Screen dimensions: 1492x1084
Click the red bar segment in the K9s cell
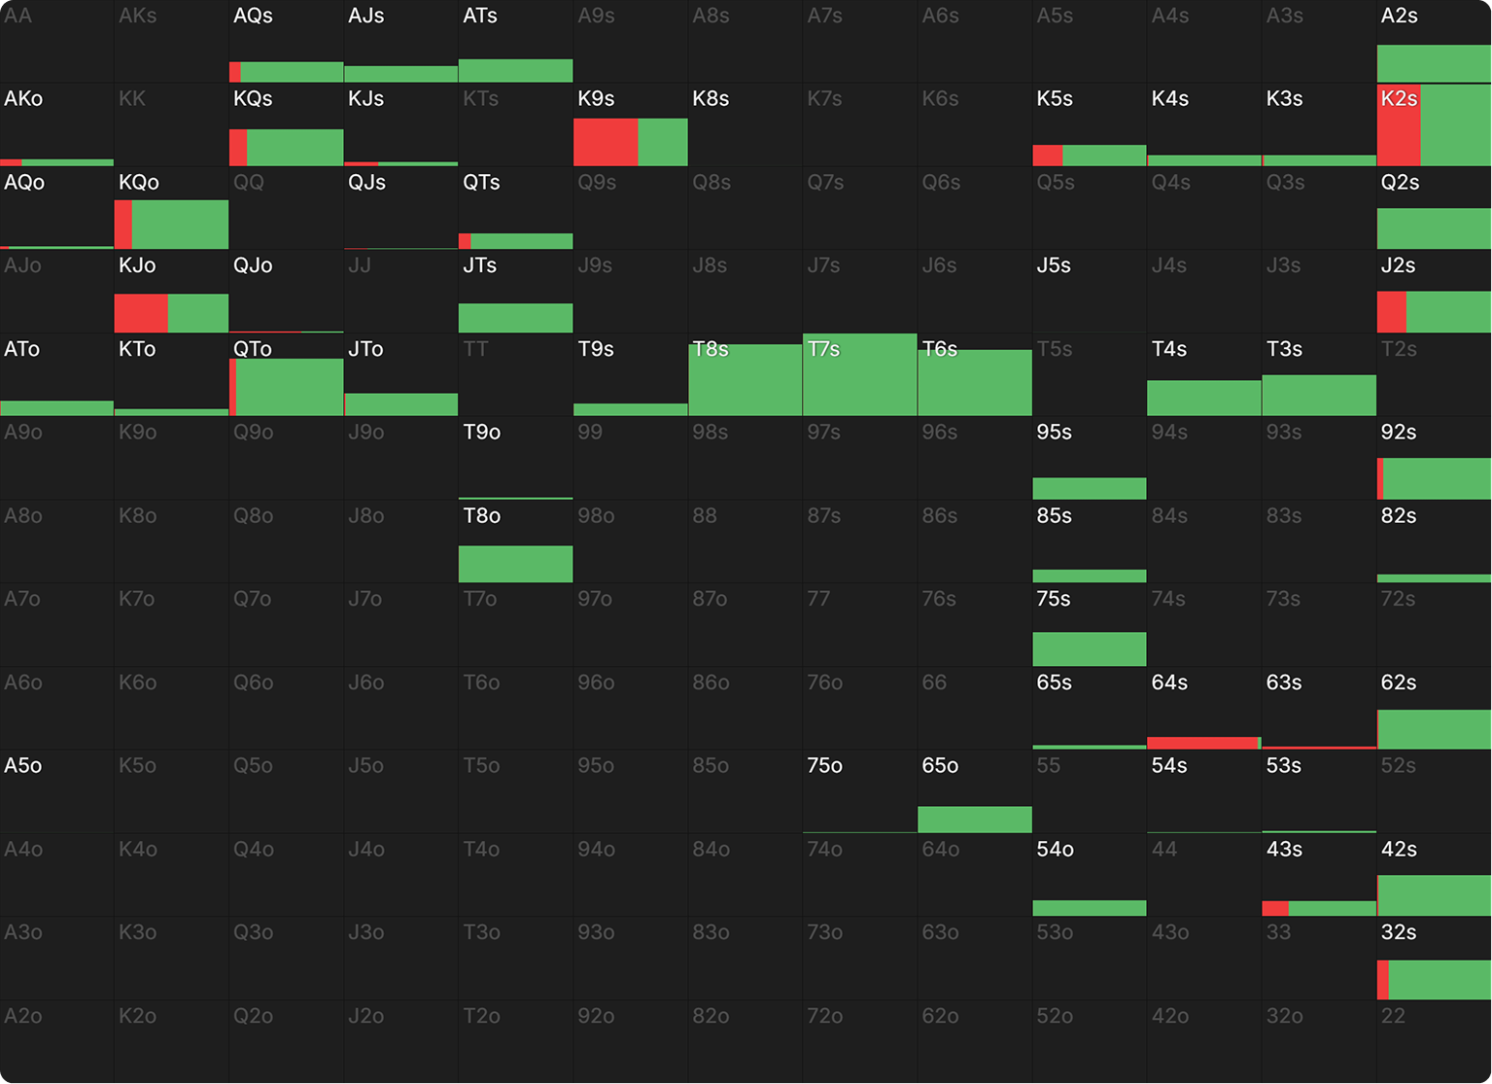tap(606, 142)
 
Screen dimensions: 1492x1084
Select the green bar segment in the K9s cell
tap(663, 142)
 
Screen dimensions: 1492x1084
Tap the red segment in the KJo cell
tap(141, 313)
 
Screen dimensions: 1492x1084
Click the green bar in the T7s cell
tap(860, 374)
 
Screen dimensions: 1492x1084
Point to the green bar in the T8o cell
tap(515, 564)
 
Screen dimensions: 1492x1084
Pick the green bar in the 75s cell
tap(1090, 648)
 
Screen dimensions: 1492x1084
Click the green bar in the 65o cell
tap(975, 820)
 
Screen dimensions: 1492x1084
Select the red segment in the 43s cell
tap(1275, 908)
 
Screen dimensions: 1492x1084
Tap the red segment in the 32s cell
tap(1383, 980)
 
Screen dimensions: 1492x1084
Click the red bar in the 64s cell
tap(1202, 744)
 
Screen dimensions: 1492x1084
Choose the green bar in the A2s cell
tap(1434, 64)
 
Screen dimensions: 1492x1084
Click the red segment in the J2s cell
tap(1392, 312)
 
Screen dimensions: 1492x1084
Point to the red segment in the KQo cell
tap(123, 225)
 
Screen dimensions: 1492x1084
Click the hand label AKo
tap(23, 98)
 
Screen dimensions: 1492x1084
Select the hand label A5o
tap(22, 765)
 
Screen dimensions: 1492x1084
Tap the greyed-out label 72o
tap(824, 1016)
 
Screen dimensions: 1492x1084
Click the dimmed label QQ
tap(249, 182)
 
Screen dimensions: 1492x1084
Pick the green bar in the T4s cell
tap(1204, 399)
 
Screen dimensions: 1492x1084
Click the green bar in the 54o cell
tap(1090, 908)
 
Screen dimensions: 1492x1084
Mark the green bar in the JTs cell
tap(515, 318)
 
